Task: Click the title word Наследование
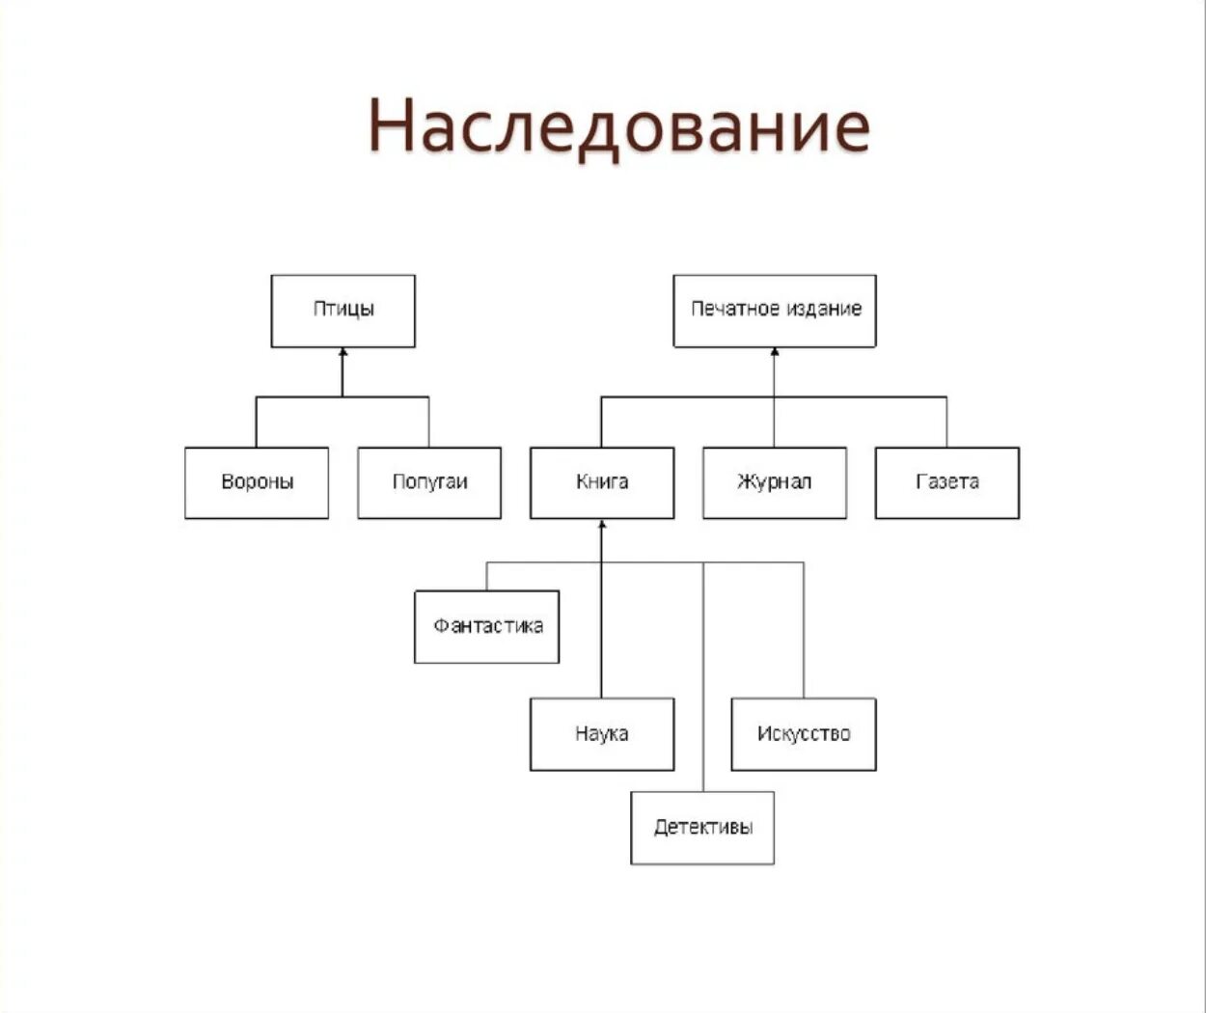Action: [x=618, y=126]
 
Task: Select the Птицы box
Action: [x=343, y=311]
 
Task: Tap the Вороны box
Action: [x=257, y=482]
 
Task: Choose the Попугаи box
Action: [x=429, y=482]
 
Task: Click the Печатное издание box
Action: [x=775, y=311]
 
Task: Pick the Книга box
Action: [x=602, y=482]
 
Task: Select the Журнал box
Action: [x=775, y=482]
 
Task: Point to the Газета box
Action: [x=947, y=482]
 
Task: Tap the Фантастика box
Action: [x=487, y=626]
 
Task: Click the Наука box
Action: [x=602, y=734]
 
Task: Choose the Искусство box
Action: [x=804, y=734]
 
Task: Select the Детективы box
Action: [x=702, y=828]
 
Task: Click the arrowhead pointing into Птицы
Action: [x=343, y=354]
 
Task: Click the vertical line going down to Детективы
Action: [x=703, y=675]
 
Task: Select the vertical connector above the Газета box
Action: [x=947, y=422]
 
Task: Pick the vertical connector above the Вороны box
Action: [x=257, y=422]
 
